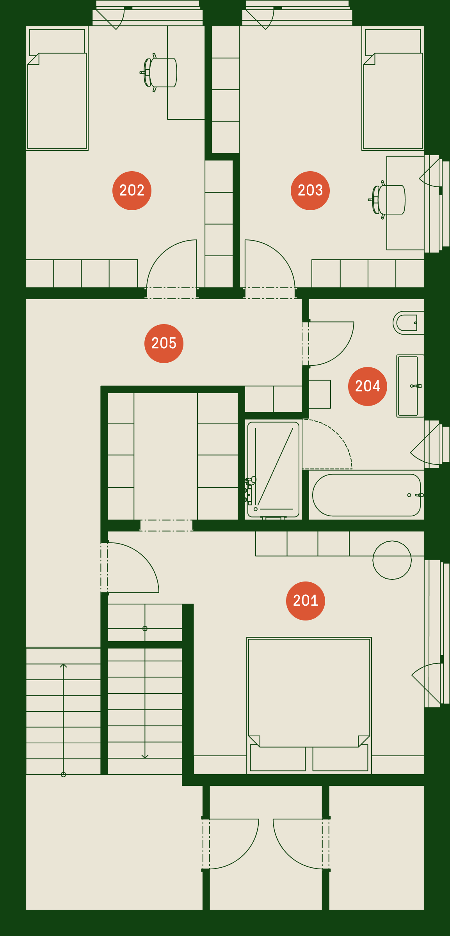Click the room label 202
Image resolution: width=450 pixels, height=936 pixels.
[x=132, y=191]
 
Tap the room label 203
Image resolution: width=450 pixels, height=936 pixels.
[x=310, y=191]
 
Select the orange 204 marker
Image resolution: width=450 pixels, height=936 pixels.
[x=368, y=386]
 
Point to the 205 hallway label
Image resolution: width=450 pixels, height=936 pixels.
[x=164, y=344]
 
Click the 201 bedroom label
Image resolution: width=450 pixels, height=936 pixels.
[x=306, y=601]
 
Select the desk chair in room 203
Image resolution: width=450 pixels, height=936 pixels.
[x=387, y=200]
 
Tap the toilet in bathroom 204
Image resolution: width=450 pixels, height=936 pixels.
[x=408, y=323]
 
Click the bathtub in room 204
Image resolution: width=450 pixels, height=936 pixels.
[x=366, y=495]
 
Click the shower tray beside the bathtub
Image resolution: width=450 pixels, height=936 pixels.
[x=273, y=470]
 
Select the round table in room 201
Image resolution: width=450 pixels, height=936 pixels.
[x=392, y=560]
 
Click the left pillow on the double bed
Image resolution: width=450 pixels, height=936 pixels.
[x=278, y=758]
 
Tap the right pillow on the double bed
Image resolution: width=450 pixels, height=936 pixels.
[x=340, y=758]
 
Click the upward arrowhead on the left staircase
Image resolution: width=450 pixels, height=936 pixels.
[x=63, y=665]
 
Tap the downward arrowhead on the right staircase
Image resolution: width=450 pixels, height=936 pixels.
[x=145, y=756]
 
